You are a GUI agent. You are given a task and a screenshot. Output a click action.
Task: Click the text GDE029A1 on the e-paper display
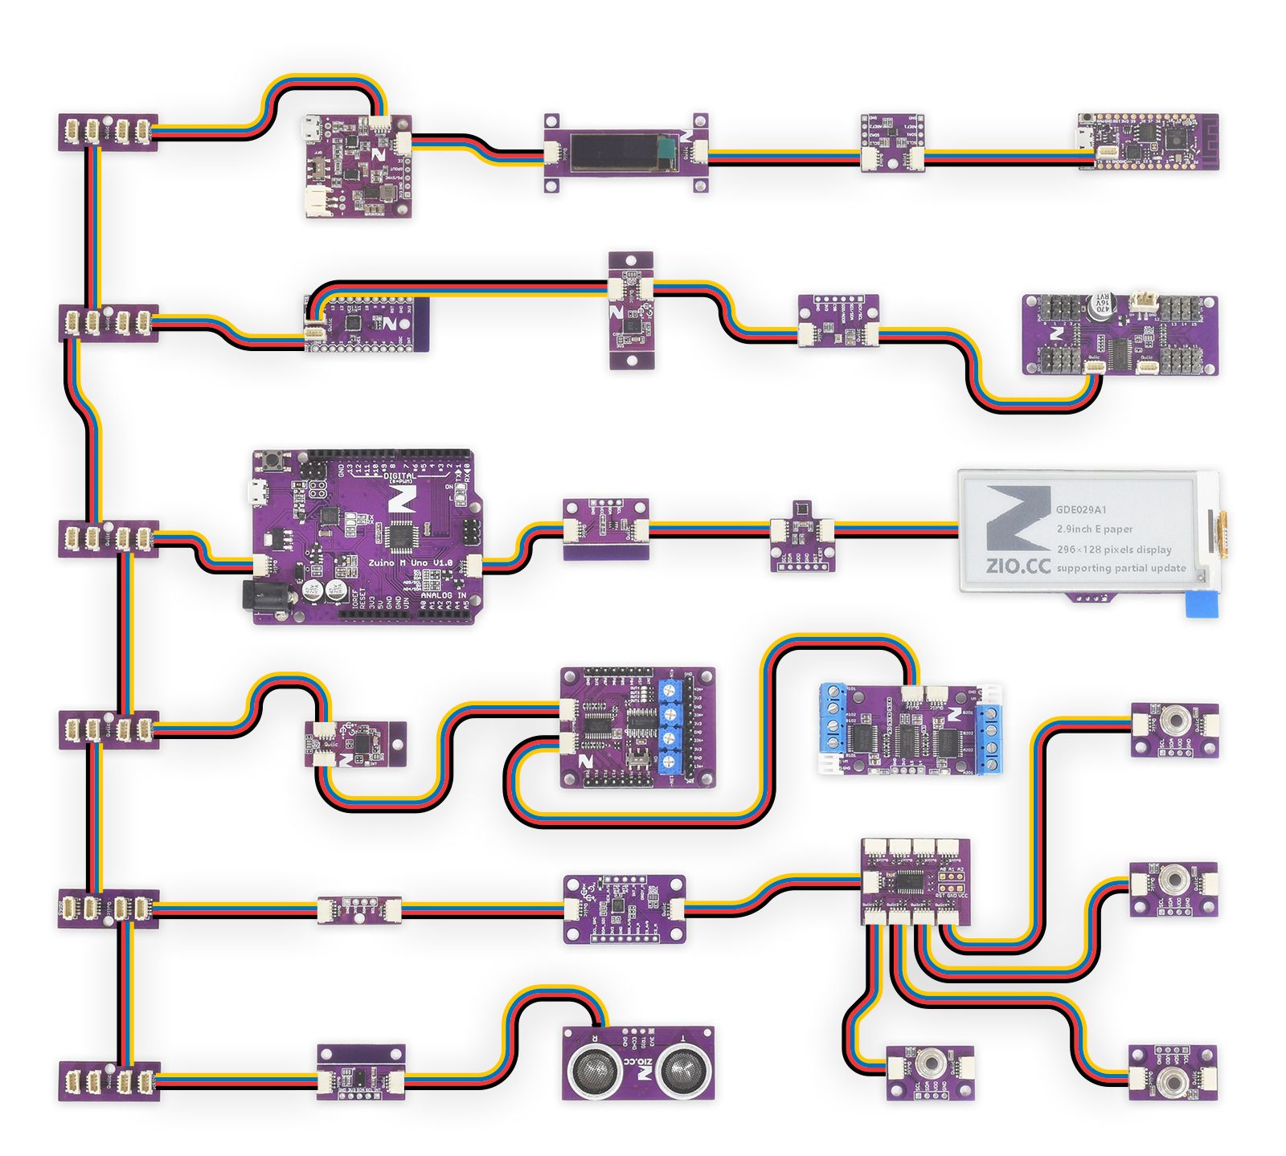coord(1081,509)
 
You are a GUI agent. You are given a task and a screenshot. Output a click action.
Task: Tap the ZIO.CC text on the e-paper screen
coord(1018,566)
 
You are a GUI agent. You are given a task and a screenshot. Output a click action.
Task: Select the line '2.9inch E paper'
coord(1094,529)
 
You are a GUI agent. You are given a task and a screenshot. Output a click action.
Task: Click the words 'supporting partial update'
coord(1120,568)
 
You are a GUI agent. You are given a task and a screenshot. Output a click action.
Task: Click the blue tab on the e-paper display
coord(1201,603)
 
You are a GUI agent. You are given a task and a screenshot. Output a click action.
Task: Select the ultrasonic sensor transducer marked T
coord(682,1068)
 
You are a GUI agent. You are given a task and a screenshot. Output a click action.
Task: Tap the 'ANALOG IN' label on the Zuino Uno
coord(443,595)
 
